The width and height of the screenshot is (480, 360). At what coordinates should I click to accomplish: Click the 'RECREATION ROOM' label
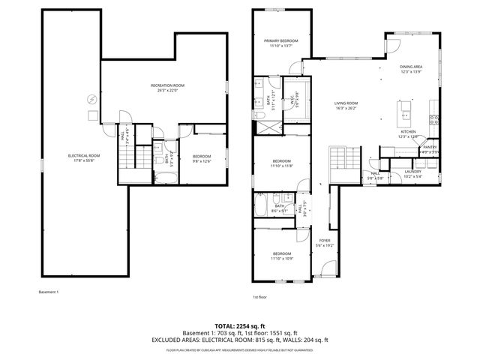167,86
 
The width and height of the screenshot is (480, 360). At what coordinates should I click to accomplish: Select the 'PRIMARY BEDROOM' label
280,40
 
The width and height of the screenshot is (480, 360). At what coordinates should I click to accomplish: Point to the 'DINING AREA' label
411,67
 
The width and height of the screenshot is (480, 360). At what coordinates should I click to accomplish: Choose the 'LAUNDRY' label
413,173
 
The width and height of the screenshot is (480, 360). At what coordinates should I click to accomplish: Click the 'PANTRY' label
429,148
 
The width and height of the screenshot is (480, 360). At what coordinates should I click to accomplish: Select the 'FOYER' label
324,241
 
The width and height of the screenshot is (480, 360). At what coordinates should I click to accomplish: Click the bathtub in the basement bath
168,178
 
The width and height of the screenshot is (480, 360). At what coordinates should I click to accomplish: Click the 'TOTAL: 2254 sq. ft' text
240,326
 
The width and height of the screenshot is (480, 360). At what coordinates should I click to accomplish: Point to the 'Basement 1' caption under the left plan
48,291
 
